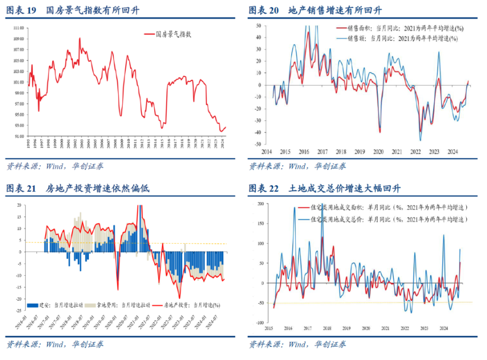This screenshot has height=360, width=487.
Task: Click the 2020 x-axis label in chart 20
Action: (378, 152)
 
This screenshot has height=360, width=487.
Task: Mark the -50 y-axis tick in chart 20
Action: (258, 145)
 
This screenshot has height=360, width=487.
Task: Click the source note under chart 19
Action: (54, 166)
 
